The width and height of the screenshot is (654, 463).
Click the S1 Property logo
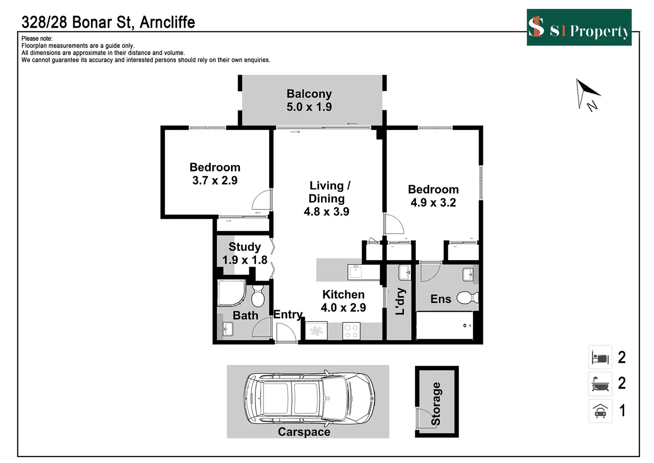point(578,28)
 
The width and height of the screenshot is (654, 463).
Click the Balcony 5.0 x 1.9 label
point(309,100)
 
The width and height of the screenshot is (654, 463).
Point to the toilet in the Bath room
point(258,296)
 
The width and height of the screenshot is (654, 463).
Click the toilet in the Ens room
point(467,298)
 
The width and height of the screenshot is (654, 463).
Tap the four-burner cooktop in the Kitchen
point(351,331)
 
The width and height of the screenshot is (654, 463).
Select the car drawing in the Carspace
point(309,398)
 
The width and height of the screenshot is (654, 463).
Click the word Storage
point(436,403)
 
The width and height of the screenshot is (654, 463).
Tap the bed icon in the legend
point(600,357)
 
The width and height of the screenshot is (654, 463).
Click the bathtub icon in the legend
point(600,383)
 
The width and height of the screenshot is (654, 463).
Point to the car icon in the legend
point(600,411)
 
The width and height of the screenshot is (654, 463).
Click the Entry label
point(288,314)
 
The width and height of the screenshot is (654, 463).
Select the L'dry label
point(400,301)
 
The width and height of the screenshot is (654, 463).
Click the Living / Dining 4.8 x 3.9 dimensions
point(327,212)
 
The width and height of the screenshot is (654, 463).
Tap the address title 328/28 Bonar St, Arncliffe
point(108,22)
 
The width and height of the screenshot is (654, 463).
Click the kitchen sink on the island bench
point(355,271)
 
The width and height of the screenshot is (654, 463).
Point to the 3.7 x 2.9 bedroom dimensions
point(215,181)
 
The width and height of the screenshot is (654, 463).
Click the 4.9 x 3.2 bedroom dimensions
point(433,203)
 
